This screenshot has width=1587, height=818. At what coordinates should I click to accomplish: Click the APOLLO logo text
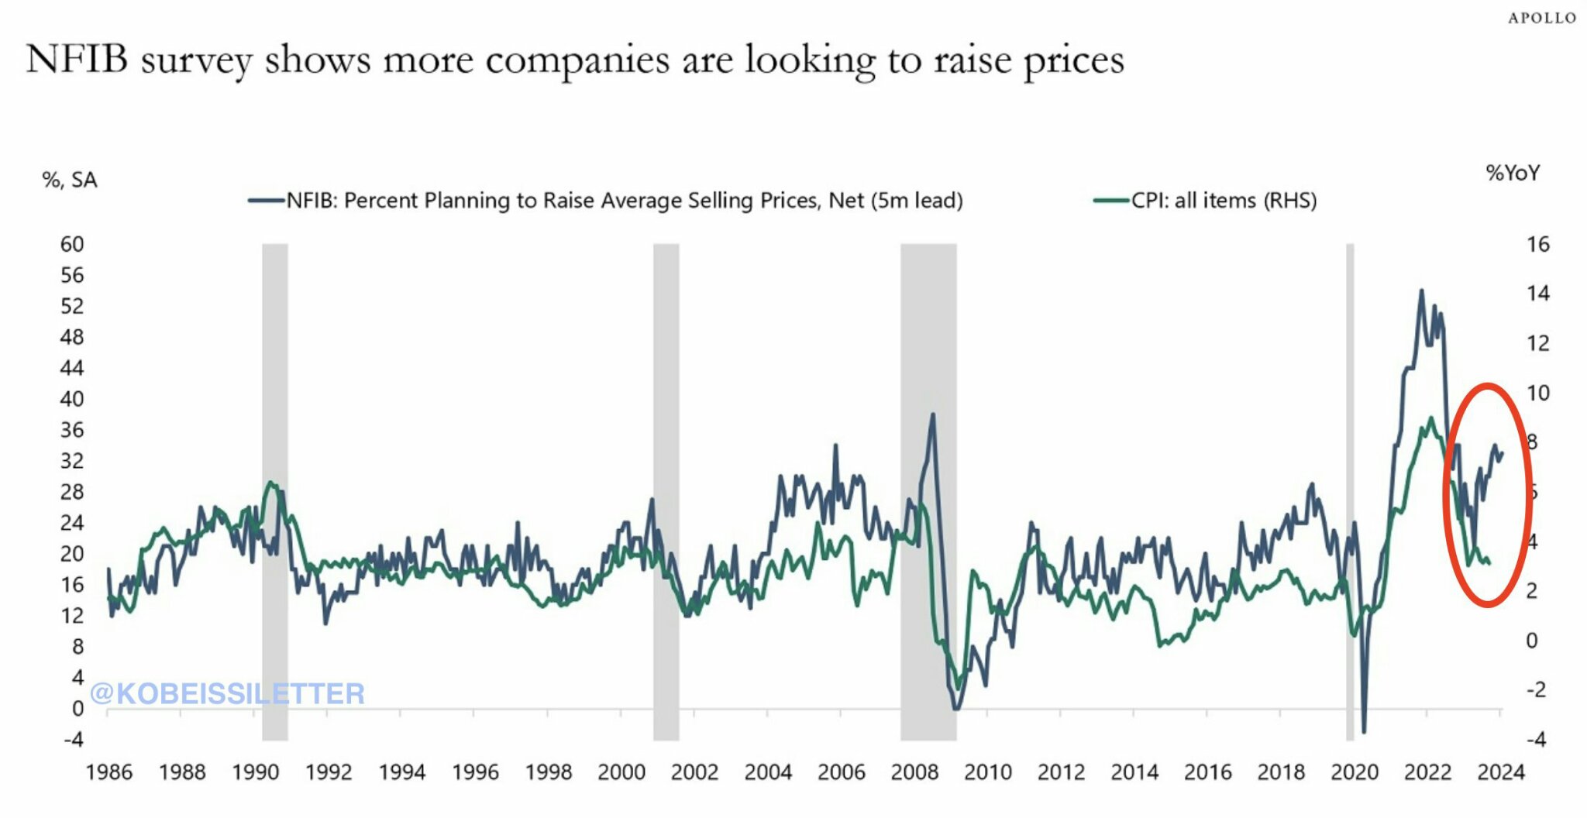pos(1541,18)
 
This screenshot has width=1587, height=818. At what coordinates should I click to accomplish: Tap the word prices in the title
pos(1074,60)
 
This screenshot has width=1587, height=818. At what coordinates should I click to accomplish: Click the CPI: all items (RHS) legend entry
pos(1205,201)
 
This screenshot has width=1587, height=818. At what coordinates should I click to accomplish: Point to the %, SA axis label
pos(70,180)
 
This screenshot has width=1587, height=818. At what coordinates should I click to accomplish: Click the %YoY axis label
pos(1512,173)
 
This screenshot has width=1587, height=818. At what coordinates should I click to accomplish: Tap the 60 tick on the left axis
pos(71,245)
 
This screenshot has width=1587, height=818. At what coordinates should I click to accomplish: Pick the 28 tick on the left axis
pos(71,492)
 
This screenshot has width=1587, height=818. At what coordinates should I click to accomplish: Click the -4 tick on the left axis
pos(73,740)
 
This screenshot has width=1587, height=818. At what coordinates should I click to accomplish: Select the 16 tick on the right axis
pos(1537,245)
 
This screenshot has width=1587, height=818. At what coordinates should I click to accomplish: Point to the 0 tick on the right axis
pos(1531,641)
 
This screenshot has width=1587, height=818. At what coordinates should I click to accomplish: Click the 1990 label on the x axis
pos(255,772)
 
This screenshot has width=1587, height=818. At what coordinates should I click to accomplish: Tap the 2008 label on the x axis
pos(914,772)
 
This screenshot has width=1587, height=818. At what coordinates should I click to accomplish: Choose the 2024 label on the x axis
pos(1500,772)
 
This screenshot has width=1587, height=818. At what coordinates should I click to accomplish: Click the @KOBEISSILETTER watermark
pos(227,693)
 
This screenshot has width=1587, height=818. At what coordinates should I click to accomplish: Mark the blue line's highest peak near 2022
pos(1421,290)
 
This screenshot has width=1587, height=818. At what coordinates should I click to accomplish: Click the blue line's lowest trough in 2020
pos(1364,731)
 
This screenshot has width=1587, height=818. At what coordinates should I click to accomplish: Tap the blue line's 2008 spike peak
pos(932,414)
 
